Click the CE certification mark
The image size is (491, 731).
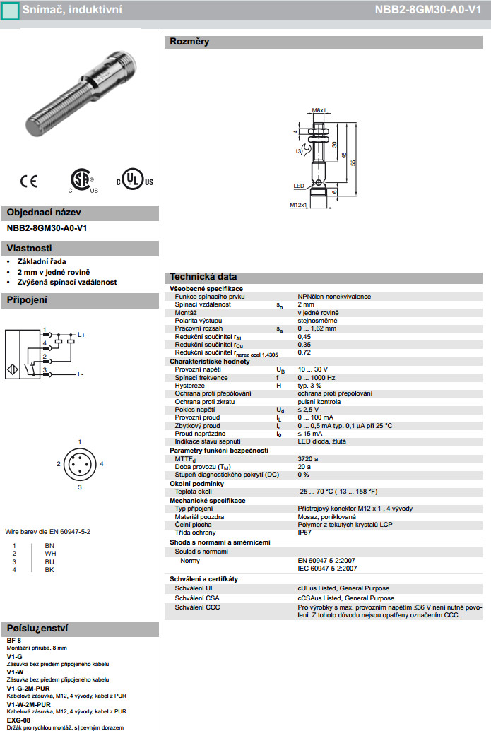(x=29, y=182)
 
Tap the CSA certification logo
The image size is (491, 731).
(x=83, y=180)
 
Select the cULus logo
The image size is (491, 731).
(x=134, y=180)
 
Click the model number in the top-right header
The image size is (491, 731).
(x=439, y=10)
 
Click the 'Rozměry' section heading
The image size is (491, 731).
(x=189, y=42)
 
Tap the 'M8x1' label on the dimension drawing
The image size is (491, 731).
(x=319, y=111)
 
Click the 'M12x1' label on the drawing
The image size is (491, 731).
(x=299, y=205)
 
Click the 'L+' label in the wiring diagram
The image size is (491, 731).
(x=81, y=335)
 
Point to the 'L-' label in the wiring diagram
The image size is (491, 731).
(x=81, y=374)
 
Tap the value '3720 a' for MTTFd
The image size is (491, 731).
(x=308, y=459)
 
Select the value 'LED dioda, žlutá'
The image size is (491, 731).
(x=321, y=441)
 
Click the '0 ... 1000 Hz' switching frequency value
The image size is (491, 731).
(x=320, y=378)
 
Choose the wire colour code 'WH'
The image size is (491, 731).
(x=49, y=554)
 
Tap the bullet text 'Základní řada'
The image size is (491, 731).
(x=42, y=261)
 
